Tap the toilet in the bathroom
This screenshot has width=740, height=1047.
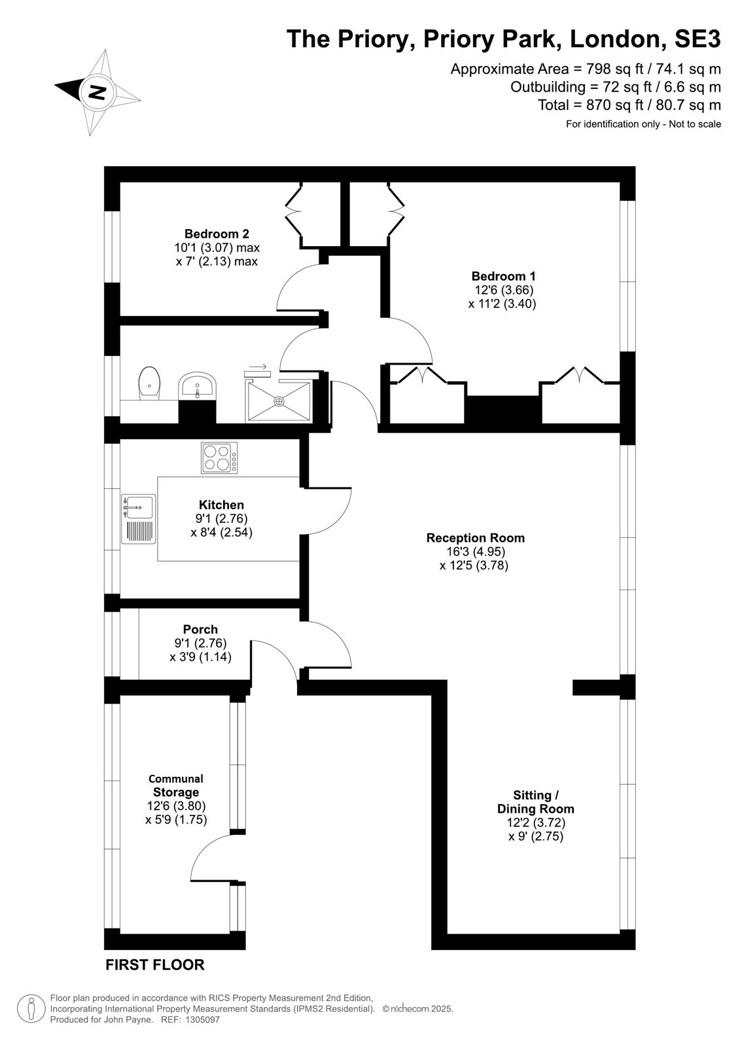150,383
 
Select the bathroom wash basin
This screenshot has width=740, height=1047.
198,385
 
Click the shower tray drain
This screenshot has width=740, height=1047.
279,400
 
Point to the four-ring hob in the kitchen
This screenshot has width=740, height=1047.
219,457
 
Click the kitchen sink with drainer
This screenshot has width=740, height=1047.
138,519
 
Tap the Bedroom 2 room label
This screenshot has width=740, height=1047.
217,234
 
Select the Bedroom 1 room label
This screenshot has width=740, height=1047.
503,275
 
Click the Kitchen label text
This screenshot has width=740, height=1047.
222,505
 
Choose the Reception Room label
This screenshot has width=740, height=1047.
476,538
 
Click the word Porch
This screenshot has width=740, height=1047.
201,630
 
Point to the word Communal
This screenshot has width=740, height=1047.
176,779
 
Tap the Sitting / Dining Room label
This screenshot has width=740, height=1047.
536,802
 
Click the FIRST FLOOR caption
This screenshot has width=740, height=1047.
155,965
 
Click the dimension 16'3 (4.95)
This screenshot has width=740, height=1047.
476,552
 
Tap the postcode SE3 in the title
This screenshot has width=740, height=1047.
697,39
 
